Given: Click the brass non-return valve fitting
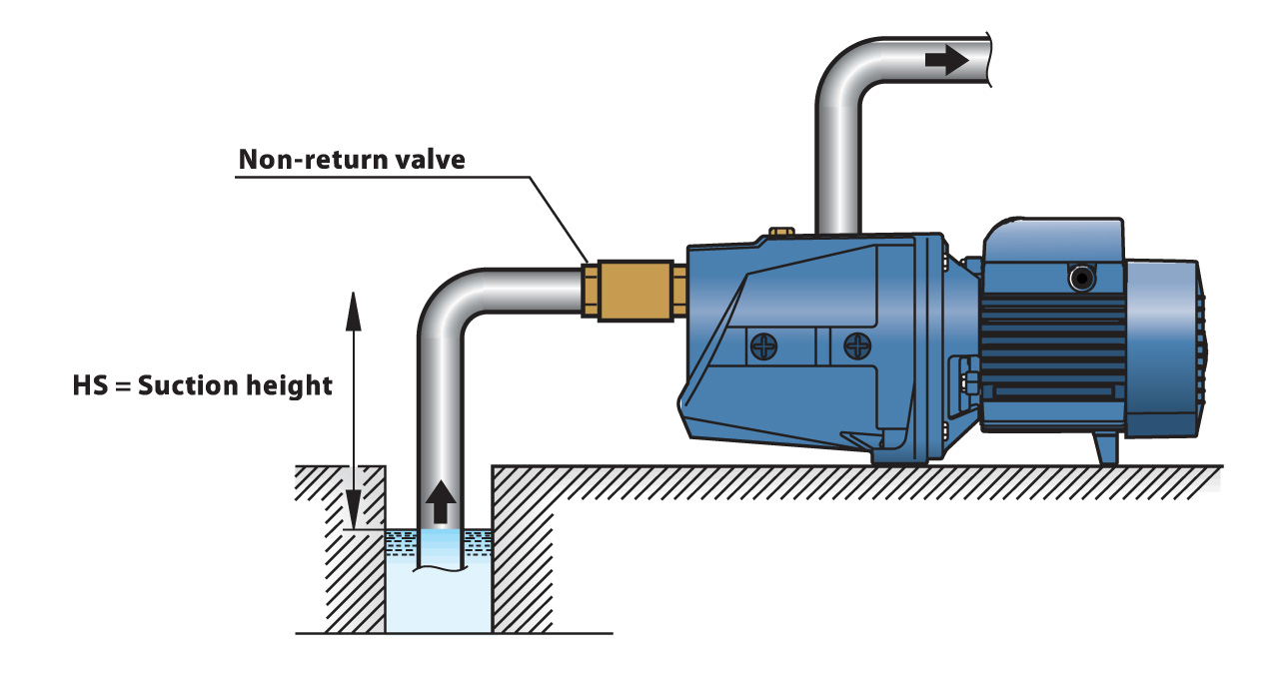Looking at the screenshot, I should tap(632, 289).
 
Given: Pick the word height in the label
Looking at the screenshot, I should tap(289, 385).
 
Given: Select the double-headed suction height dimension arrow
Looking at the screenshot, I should tap(352, 409).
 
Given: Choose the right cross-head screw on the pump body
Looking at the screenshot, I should tap(857, 347).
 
